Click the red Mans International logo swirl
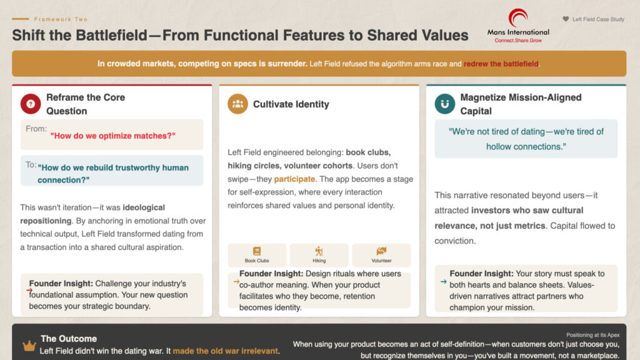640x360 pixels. tap(517, 17)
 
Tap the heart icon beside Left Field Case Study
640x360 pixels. tap(566, 19)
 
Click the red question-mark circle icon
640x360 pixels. tap(31, 104)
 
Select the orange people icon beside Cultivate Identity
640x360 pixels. tap(237, 104)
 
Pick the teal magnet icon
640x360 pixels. tap(444, 104)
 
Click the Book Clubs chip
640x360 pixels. tap(257, 255)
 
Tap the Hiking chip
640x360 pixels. tap(319, 255)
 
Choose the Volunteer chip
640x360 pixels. tap(381, 255)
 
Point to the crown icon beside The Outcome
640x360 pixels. tap(29, 346)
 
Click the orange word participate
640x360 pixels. tap(294, 179)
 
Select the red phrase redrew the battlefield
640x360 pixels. tap(501, 64)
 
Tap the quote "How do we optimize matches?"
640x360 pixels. tap(112, 136)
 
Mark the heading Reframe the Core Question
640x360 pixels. tap(85, 104)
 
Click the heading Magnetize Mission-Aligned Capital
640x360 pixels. tap(520, 104)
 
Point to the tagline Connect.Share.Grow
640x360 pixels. tap(518, 40)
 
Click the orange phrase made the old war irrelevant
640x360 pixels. tap(226, 351)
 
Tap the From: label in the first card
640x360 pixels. tap(36, 129)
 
